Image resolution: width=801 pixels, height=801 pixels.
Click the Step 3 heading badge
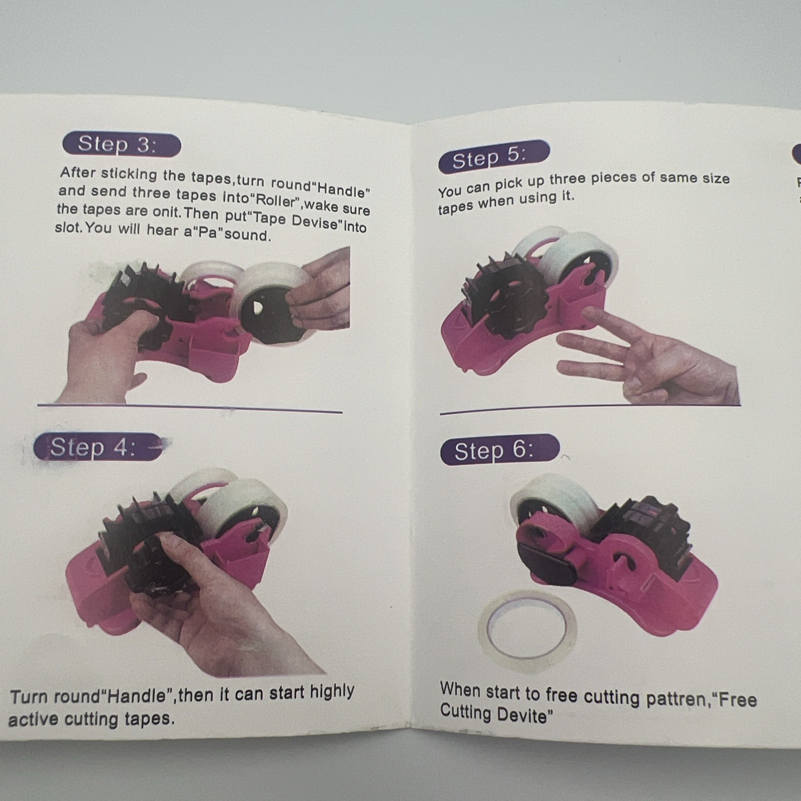(x=122, y=145)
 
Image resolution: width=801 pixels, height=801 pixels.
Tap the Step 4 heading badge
(x=95, y=447)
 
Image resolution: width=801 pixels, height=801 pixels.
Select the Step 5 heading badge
(x=494, y=157)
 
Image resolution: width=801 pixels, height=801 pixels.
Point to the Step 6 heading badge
(x=499, y=450)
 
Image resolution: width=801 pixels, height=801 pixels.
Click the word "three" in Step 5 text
(x=568, y=179)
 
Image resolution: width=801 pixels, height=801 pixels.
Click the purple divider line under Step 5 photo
(x=590, y=410)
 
